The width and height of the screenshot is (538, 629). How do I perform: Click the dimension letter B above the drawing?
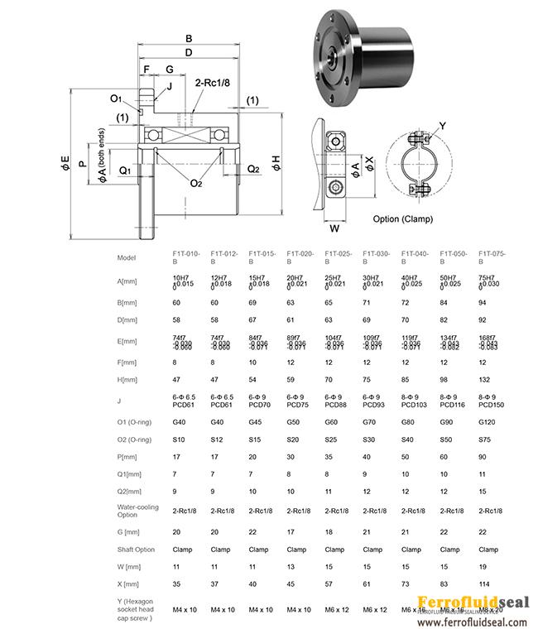pos(189,38)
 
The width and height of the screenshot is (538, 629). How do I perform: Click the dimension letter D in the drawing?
pos(189,53)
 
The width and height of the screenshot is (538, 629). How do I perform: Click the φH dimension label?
pos(276,163)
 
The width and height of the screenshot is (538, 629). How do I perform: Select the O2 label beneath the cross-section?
pos(195,183)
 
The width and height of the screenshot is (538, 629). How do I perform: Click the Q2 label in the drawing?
pos(254,169)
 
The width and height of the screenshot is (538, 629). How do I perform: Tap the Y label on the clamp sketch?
pos(441,126)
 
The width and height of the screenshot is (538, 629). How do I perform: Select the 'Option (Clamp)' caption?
pos(408,219)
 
